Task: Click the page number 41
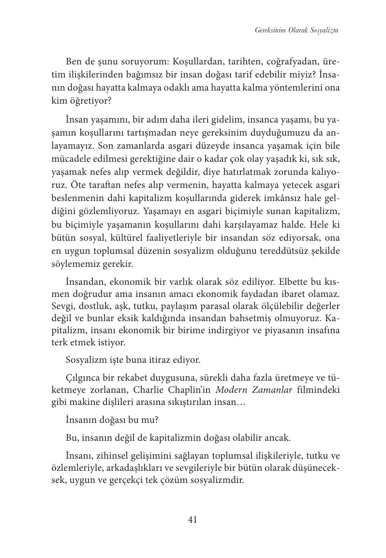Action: point(192,520)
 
